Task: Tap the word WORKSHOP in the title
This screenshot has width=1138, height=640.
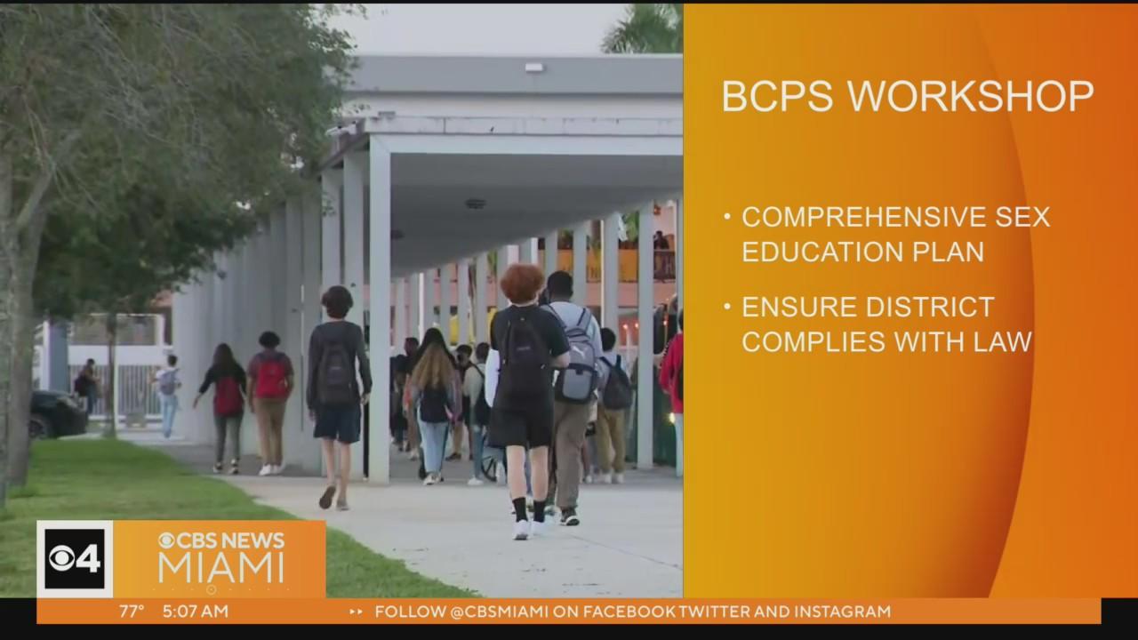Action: click(x=970, y=96)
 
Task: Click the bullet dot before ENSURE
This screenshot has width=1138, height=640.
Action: click(x=727, y=307)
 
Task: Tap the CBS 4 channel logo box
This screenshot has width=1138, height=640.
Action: click(x=75, y=559)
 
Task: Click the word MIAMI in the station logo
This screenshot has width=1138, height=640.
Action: click(x=221, y=569)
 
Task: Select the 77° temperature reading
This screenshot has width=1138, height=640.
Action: click(x=132, y=611)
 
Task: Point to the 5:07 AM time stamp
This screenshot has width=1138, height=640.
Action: click(x=196, y=611)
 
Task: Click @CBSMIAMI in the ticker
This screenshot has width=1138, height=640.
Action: click(x=499, y=611)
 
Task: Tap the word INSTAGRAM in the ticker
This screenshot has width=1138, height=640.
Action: click(x=842, y=611)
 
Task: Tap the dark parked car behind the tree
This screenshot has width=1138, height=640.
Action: click(x=57, y=414)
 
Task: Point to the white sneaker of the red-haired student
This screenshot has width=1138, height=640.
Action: click(x=521, y=530)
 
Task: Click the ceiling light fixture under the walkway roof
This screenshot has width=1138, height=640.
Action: click(x=476, y=204)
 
